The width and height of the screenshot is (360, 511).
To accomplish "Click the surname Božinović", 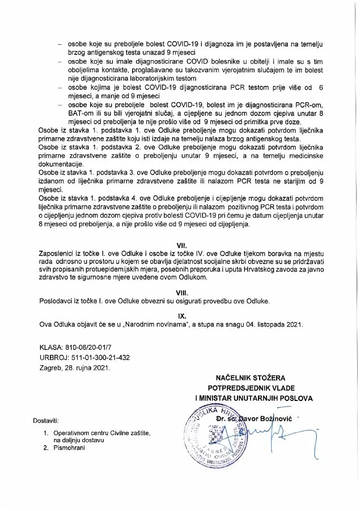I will click(x=265, y=418).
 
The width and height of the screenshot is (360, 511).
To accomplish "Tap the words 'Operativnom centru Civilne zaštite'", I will click(x=99, y=433).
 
